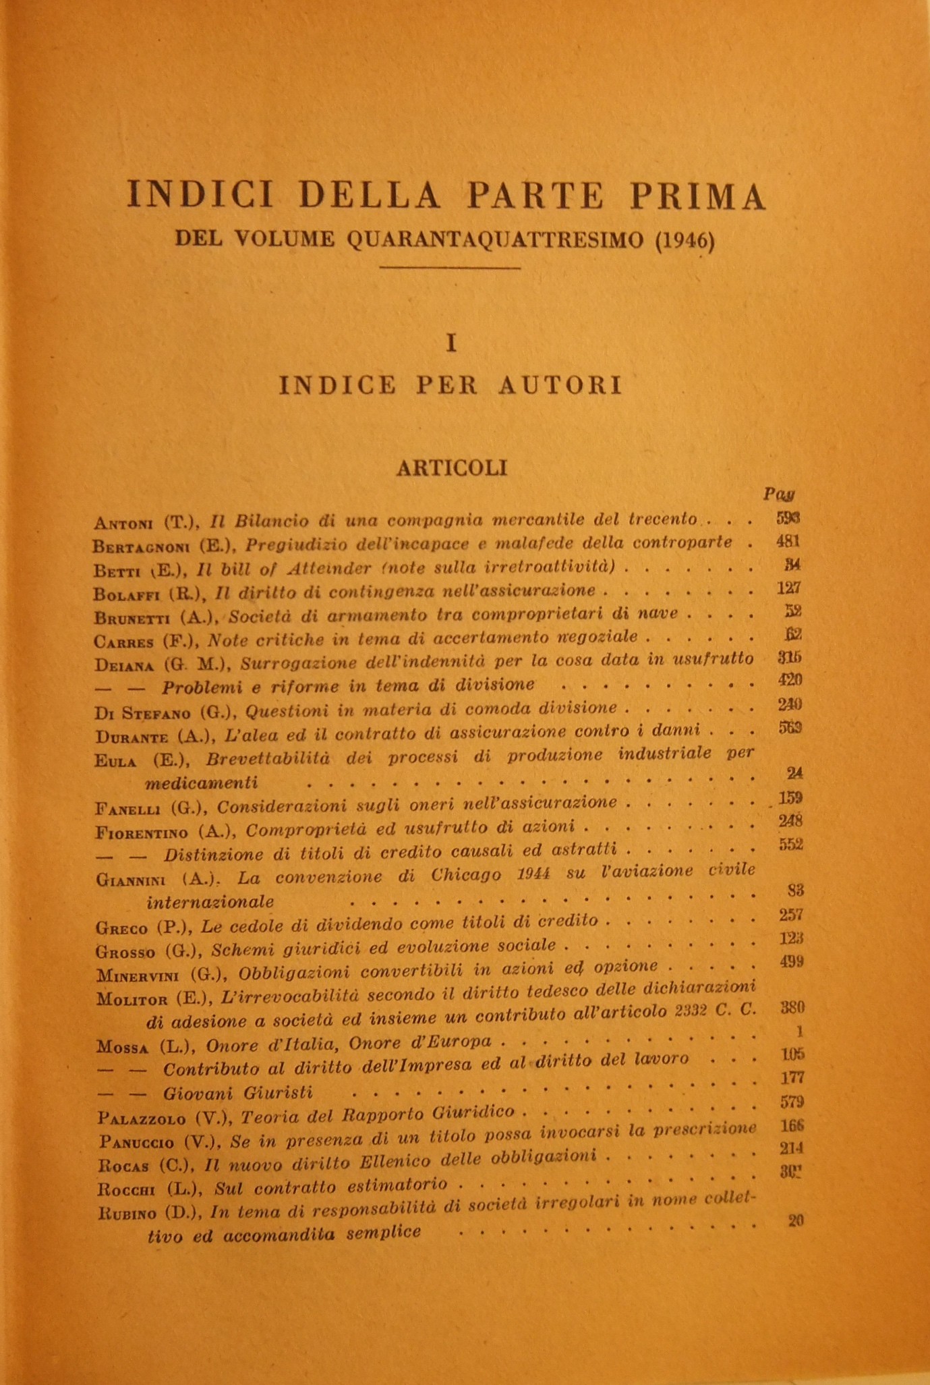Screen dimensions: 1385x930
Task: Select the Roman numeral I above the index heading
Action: point(452,344)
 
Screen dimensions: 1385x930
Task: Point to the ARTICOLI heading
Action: point(452,468)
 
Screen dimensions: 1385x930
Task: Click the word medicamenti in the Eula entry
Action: point(202,783)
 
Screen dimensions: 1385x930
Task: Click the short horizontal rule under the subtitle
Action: point(450,268)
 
